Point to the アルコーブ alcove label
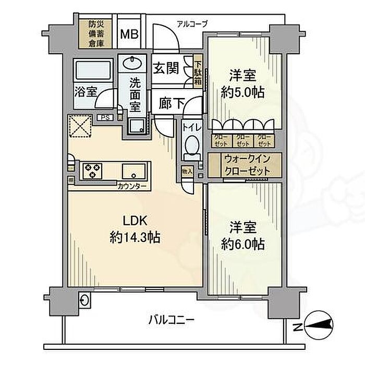(192, 23)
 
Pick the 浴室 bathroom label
(86, 92)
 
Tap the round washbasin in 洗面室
(133, 64)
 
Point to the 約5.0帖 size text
(242, 93)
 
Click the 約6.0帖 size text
(241, 243)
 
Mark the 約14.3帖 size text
(135, 238)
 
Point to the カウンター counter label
(132, 186)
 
